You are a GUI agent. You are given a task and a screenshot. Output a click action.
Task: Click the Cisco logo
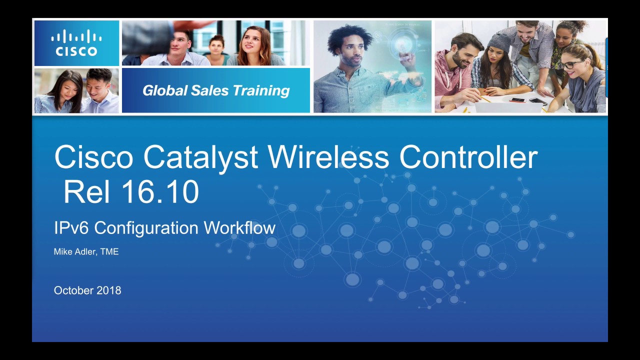click(76, 43)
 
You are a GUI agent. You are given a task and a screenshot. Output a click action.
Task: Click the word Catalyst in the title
click(200, 157)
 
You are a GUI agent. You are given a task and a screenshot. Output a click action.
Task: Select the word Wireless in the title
click(328, 157)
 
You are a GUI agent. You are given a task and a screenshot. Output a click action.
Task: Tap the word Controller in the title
click(468, 157)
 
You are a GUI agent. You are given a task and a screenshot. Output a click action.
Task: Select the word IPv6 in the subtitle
click(71, 228)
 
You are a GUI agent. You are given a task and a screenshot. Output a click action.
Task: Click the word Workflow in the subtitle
click(239, 228)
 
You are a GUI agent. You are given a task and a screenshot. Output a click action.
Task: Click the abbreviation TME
click(109, 251)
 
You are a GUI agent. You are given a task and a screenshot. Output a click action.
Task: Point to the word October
click(73, 290)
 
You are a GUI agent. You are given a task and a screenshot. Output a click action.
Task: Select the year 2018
click(109, 290)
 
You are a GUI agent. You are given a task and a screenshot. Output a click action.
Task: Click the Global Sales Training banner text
click(216, 90)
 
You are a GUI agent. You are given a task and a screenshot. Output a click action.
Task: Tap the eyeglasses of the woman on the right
click(571, 64)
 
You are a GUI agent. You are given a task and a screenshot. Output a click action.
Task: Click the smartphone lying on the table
click(517, 100)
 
